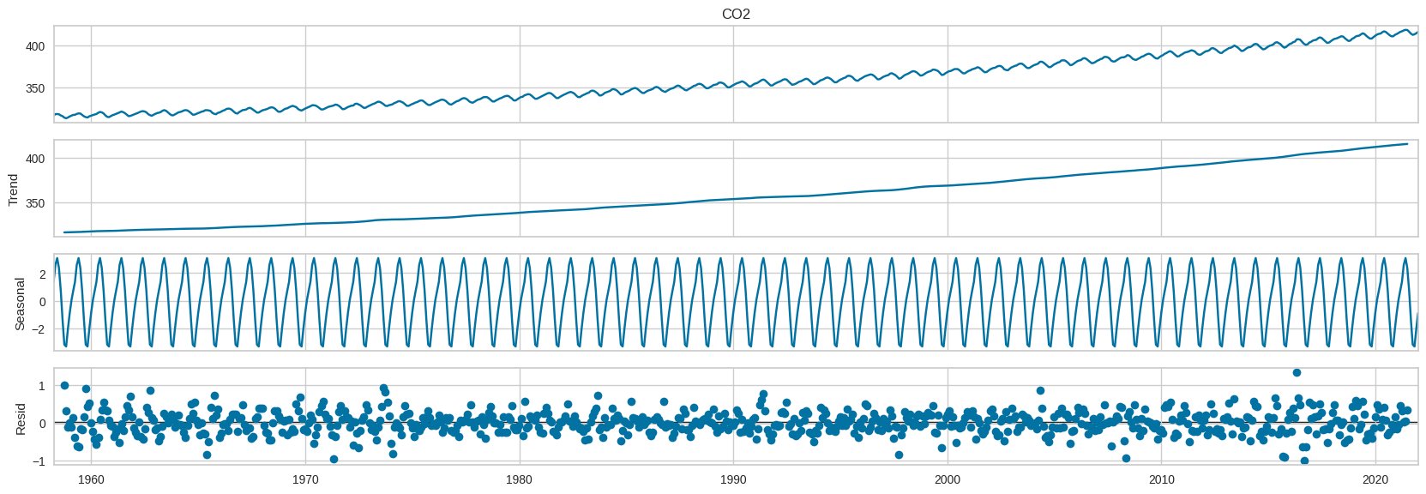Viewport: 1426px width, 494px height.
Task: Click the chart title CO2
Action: point(736,15)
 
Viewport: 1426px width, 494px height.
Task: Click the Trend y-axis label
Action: point(14,189)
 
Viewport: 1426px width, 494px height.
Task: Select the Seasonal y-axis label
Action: point(21,302)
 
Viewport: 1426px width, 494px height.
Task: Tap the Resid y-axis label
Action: point(21,419)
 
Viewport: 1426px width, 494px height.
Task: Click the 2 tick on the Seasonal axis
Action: point(41,274)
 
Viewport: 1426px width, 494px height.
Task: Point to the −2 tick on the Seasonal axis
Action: point(38,329)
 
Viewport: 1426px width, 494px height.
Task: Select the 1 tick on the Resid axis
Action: point(41,386)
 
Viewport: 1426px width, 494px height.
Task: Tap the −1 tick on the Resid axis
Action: point(38,461)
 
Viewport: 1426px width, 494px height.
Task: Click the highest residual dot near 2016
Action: point(1297,372)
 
